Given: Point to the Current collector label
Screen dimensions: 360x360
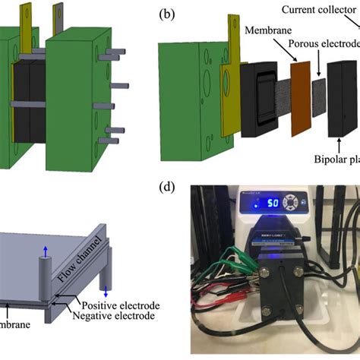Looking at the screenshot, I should [x=319, y=9].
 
